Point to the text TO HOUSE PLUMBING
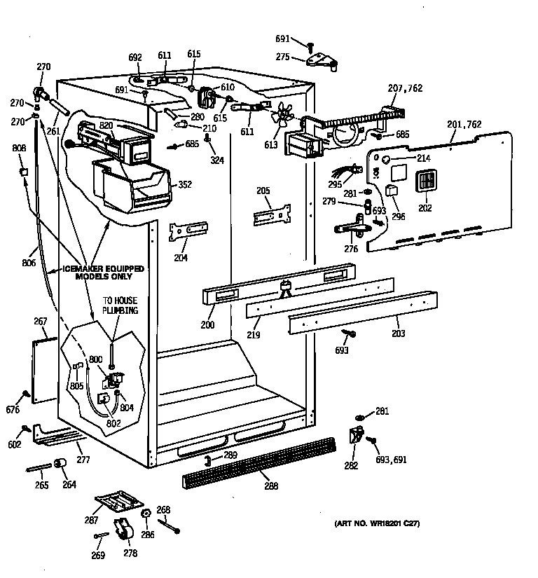point(120,305)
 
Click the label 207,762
point(405,89)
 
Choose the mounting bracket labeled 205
point(271,214)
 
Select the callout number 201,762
point(464,125)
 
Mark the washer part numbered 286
point(146,516)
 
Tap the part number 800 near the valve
point(95,359)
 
